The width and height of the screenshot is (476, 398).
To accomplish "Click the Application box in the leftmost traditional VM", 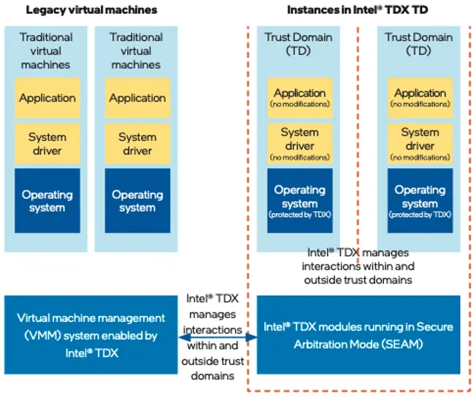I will click(x=47, y=98).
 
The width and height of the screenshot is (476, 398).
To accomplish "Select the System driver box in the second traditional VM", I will click(x=137, y=143).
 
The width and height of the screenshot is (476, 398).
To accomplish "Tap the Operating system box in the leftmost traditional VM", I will click(x=47, y=201).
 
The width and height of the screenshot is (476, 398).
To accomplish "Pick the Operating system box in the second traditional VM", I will click(x=137, y=201).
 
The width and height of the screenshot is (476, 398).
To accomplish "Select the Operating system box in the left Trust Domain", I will click(x=299, y=201).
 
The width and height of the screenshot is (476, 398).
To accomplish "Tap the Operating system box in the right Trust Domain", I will click(x=420, y=201).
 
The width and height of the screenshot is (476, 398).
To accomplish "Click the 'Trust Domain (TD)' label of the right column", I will click(x=418, y=44).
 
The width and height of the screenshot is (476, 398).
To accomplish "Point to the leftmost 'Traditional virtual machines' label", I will click(x=46, y=50).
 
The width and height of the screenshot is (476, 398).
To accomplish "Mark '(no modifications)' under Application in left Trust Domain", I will click(x=299, y=104).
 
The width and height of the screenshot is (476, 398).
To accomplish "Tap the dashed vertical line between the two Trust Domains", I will click(x=358, y=146).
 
